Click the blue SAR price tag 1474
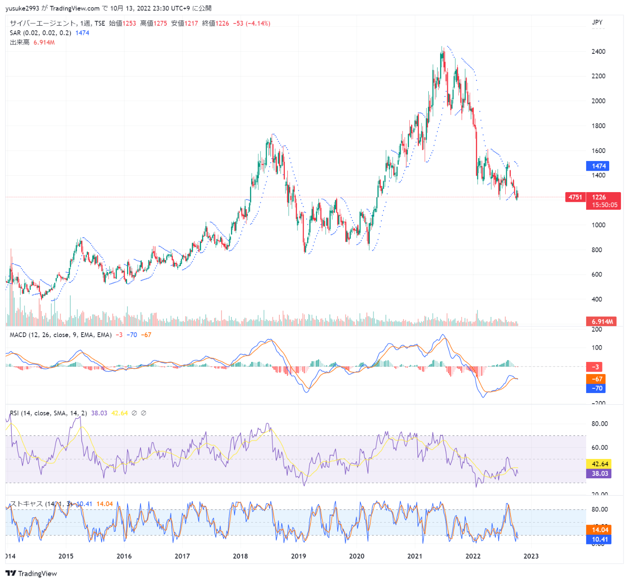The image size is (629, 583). [x=597, y=166]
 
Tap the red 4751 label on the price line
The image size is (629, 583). [x=575, y=197]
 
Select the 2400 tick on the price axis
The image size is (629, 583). [x=598, y=52]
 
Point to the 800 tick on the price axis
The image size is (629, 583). [x=597, y=250]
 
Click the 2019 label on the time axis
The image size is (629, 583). [x=298, y=556]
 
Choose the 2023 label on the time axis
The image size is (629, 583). [x=531, y=556]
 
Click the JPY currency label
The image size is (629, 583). [x=597, y=22]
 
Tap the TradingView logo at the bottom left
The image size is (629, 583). [x=31, y=573]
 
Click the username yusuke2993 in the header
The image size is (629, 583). [x=22, y=8]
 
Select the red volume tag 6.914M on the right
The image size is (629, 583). [x=602, y=322]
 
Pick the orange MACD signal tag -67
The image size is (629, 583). [x=596, y=379]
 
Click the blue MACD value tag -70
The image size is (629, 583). [x=596, y=388]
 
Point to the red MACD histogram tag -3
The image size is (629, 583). [x=594, y=367]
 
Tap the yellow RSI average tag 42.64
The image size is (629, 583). [x=600, y=464]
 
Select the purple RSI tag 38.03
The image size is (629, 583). [x=600, y=474]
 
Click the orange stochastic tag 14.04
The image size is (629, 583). [x=600, y=530]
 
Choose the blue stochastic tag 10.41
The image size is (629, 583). [x=600, y=539]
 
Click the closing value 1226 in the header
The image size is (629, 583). [x=222, y=24]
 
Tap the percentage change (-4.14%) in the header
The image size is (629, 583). [x=258, y=24]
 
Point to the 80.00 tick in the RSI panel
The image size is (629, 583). [x=599, y=424]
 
